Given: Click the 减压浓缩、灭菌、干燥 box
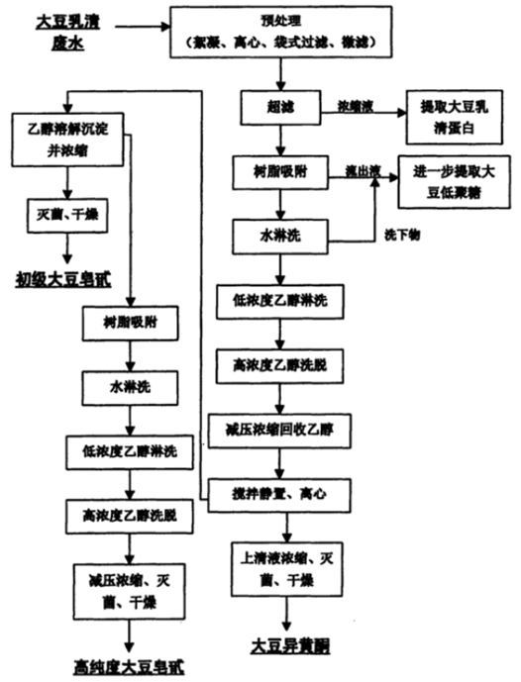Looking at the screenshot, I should tap(129, 592).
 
